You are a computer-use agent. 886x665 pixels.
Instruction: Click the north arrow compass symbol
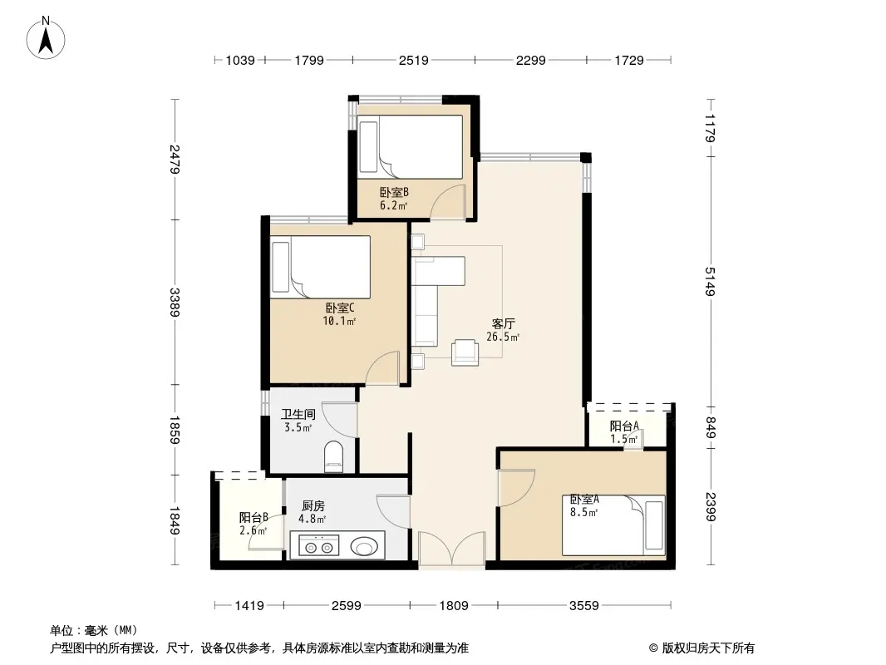[46, 38]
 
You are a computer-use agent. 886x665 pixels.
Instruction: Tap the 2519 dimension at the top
[414, 60]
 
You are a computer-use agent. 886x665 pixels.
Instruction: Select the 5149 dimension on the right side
[711, 281]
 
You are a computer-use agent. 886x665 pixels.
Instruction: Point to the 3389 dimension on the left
[175, 303]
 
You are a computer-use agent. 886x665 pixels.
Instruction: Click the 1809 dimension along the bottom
[454, 606]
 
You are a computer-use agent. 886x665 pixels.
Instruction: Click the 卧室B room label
[394, 193]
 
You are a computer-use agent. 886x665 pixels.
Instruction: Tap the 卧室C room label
[340, 308]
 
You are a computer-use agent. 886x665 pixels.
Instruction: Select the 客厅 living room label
[503, 323]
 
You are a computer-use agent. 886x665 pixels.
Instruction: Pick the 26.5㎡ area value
[503, 337]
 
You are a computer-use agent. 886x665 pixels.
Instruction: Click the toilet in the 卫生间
[334, 456]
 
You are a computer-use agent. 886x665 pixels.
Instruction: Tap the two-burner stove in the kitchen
[318, 546]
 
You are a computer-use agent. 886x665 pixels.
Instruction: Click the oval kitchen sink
[364, 546]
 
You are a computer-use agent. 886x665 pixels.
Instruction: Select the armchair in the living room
[465, 352]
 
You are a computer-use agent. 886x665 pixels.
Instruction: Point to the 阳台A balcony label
[624, 426]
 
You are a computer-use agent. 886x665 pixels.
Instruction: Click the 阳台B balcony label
[253, 518]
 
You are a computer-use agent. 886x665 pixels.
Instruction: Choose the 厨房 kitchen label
[313, 506]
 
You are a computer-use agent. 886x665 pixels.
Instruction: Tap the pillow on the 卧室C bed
[281, 267]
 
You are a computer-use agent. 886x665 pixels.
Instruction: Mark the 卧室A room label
[584, 500]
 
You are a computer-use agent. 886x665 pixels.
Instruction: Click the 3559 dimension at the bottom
[583, 606]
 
